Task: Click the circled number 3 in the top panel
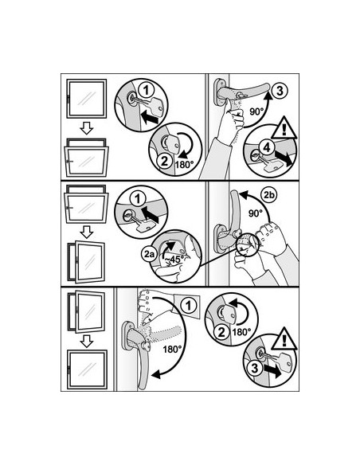tap(280, 91)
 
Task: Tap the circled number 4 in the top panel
tap(267, 147)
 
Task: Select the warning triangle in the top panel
tap(284, 128)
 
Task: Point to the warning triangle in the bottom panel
tap(284, 339)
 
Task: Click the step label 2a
tap(149, 254)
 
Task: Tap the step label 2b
tap(269, 195)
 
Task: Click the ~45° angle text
tap(174, 260)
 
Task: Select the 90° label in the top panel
tap(256, 111)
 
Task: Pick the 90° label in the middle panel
tap(256, 213)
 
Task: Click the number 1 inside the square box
tap(189, 306)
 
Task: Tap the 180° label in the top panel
tap(185, 165)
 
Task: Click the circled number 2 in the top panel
tap(164, 162)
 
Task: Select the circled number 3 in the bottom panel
tap(254, 369)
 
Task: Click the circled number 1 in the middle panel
tap(138, 198)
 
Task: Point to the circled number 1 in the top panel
tap(147, 90)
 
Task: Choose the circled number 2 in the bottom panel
tap(221, 332)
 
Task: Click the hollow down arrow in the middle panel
tap(87, 232)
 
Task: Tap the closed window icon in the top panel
tap(86, 99)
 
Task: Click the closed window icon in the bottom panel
tap(87, 369)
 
